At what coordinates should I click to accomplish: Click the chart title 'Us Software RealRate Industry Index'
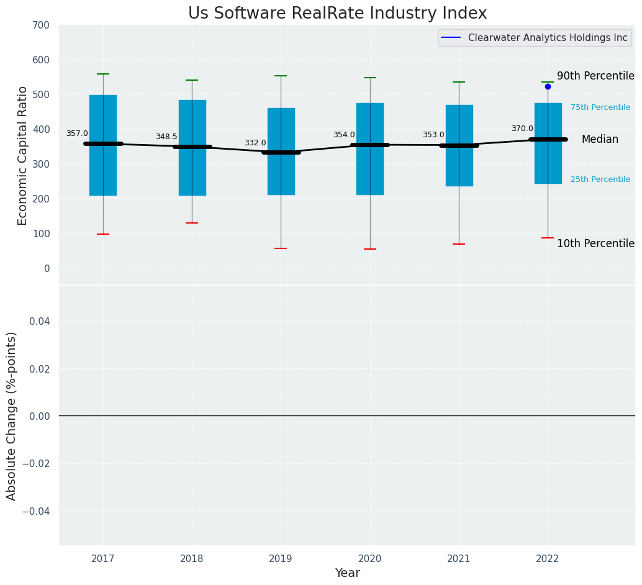337,14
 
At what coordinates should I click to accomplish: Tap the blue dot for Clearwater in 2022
548,86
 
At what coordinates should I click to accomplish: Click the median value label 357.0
77,134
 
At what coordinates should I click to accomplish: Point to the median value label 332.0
255,143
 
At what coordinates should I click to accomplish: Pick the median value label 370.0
522,129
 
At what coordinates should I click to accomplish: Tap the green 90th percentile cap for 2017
103,74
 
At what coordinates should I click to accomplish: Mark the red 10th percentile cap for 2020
370,249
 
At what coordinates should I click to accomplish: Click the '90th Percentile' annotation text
595,76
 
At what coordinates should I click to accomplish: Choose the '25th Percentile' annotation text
600,179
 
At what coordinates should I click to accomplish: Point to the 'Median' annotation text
600,140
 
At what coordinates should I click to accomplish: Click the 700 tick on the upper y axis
42,25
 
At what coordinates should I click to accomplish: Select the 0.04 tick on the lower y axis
38,321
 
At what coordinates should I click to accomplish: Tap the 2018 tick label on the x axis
192,559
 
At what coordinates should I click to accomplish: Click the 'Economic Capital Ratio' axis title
23,155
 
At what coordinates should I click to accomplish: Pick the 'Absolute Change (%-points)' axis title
12,415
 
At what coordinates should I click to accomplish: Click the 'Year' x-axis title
347,573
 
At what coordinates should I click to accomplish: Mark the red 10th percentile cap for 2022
548,238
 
